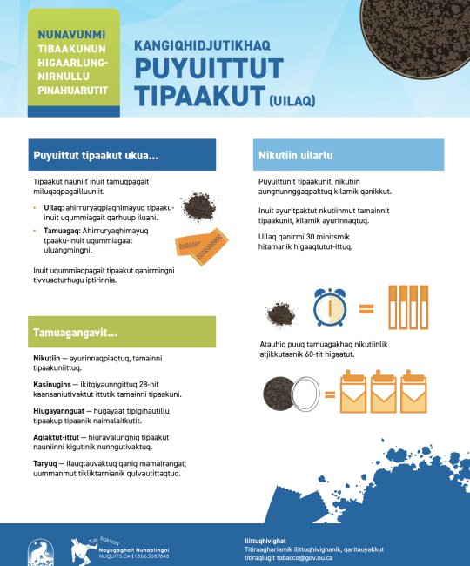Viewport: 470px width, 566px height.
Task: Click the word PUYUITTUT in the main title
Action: tap(209, 68)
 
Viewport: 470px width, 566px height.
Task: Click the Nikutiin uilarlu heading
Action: tap(297, 156)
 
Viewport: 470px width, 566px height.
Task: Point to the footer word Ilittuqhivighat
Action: tap(267, 539)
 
